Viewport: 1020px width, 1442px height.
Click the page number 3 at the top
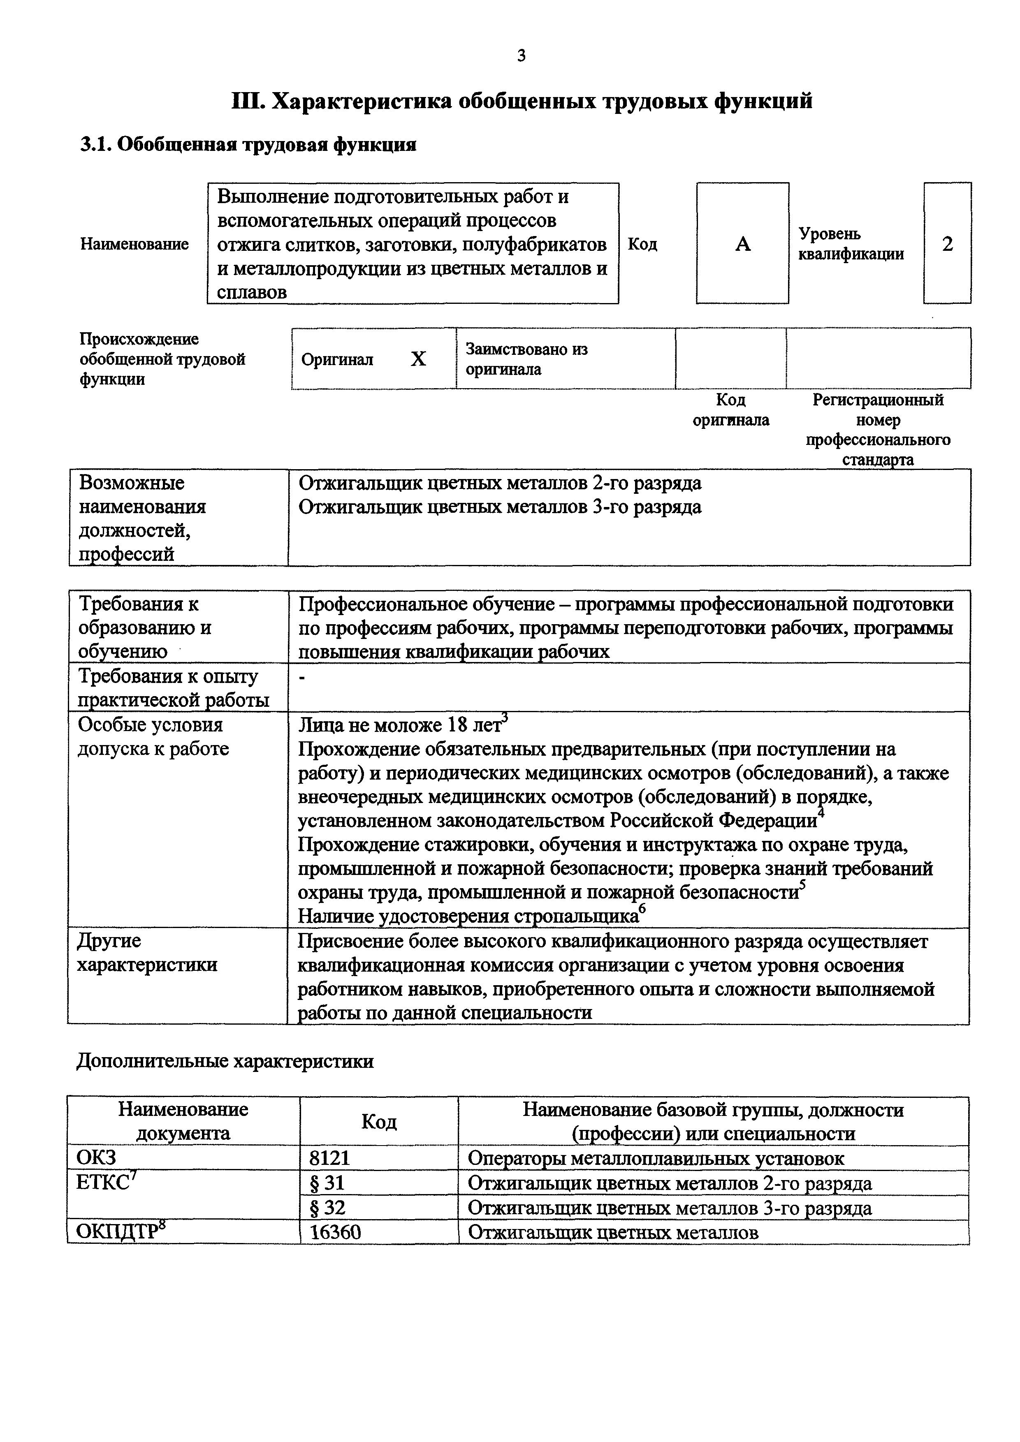tap(521, 56)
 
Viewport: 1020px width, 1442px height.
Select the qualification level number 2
tap(947, 244)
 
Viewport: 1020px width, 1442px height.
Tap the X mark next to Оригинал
tap(418, 359)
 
